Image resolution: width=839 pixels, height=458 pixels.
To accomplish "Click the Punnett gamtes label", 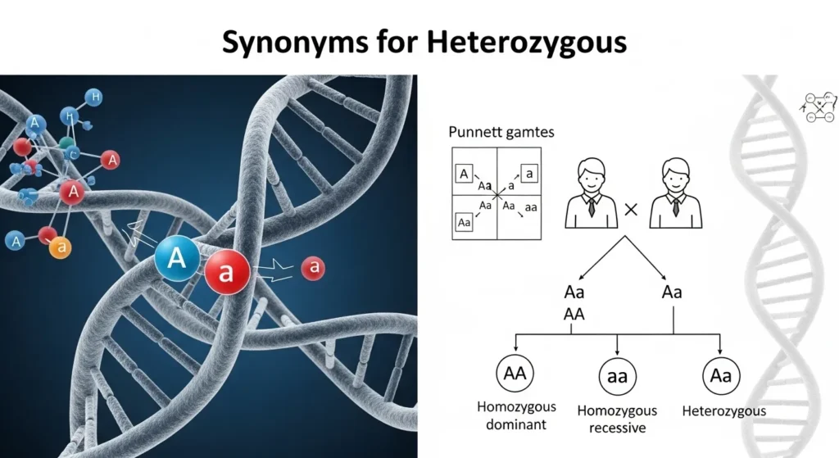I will [490, 133].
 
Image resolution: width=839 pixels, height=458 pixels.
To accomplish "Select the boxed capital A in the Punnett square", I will [465, 173].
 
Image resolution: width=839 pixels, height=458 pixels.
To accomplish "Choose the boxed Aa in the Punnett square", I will [465, 222].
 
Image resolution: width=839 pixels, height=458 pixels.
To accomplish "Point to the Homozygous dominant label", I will [517, 415].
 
